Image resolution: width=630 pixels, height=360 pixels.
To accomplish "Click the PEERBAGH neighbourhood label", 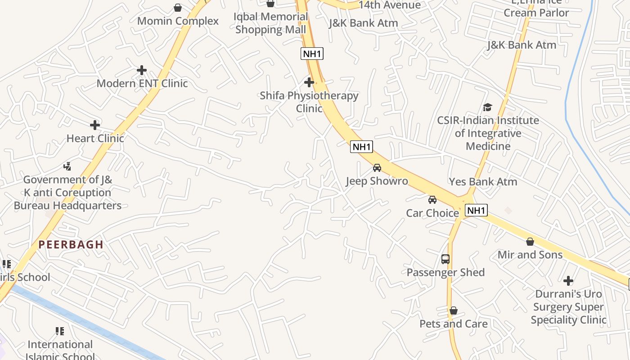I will [x=71, y=245].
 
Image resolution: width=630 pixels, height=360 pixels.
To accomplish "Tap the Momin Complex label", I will [x=178, y=21].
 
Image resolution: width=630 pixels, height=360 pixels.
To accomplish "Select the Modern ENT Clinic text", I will [x=142, y=83].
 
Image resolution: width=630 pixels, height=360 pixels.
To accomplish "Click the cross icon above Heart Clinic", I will [x=95, y=125].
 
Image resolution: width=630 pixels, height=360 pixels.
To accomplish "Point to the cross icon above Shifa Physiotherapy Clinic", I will [x=309, y=82].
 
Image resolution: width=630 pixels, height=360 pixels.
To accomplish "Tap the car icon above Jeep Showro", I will [x=377, y=168].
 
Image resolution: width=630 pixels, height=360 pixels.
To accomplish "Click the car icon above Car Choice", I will [x=432, y=199].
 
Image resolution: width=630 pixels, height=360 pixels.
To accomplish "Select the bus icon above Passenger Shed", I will [x=445, y=259].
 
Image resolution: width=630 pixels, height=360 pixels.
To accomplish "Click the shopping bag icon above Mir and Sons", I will [x=530, y=242].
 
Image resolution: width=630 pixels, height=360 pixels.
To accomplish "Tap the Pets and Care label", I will [x=454, y=324].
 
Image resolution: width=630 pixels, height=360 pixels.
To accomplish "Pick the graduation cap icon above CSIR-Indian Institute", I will [x=487, y=107].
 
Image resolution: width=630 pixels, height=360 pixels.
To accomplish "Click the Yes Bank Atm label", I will [x=483, y=182].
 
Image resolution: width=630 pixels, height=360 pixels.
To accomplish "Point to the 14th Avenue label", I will [x=390, y=5].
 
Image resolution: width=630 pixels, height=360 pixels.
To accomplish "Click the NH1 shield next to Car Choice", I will [x=477, y=210].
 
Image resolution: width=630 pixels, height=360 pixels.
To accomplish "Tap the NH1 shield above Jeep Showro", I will [x=362, y=147].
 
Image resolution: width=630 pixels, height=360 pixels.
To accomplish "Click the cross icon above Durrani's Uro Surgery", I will [x=568, y=281].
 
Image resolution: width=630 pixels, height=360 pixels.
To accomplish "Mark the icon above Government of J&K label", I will [x=67, y=166].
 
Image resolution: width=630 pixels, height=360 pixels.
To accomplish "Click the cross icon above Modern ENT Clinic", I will [x=142, y=70].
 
